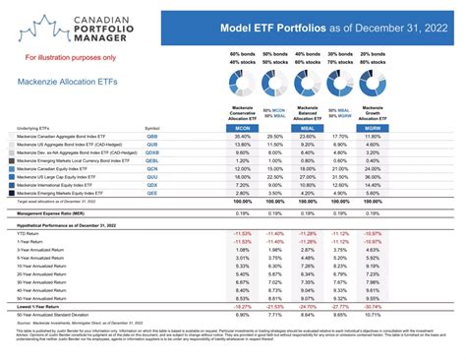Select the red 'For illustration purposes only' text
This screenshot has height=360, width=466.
(x=59, y=58)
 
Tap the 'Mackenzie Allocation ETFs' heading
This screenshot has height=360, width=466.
(x=65, y=82)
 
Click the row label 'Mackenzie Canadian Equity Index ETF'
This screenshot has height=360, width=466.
(x=60, y=168)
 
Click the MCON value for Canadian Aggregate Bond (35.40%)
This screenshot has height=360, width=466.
(x=242, y=136)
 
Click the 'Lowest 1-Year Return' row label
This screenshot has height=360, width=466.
(x=39, y=307)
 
